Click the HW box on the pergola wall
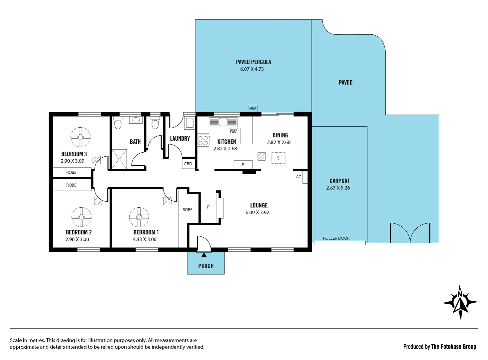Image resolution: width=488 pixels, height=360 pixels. pyautogui.click(x=252, y=109)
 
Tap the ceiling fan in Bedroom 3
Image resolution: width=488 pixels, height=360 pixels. pyautogui.click(x=81, y=137)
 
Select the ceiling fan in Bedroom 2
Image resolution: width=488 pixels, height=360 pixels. pyautogui.click(x=81, y=217)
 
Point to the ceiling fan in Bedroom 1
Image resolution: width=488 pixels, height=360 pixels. pyautogui.click(x=139, y=217)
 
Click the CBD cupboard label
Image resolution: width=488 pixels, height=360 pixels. pyautogui.click(x=188, y=164)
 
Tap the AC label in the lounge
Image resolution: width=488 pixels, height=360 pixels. pyautogui.click(x=298, y=177)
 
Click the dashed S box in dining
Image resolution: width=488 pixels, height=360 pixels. pyautogui.click(x=278, y=158)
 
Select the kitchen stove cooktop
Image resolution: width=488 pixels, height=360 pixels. pyautogui.click(x=203, y=141)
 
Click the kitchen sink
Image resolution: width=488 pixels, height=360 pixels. pyautogui.click(x=223, y=122)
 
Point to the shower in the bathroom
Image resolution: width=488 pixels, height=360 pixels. pyautogui.click(x=119, y=159)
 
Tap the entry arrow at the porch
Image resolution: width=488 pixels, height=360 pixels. pyautogui.click(x=204, y=255)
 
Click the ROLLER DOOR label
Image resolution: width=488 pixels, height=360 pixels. pyautogui.click(x=336, y=238)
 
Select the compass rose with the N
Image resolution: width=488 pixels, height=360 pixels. pyautogui.click(x=460, y=302)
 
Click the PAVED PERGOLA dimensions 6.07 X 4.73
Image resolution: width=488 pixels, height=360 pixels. pyautogui.click(x=252, y=69)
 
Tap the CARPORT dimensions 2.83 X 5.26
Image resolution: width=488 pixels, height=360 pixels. pyautogui.click(x=338, y=188)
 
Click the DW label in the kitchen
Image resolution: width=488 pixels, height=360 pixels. pyautogui.click(x=233, y=132)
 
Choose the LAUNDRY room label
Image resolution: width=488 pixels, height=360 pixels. pyautogui.click(x=180, y=139)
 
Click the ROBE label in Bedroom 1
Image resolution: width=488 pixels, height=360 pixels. pyautogui.click(x=187, y=210)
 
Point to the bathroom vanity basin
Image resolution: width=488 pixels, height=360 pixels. pyautogui.click(x=136, y=120)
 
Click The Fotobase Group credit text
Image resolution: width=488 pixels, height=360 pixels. pyautogui.click(x=453, y=347)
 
